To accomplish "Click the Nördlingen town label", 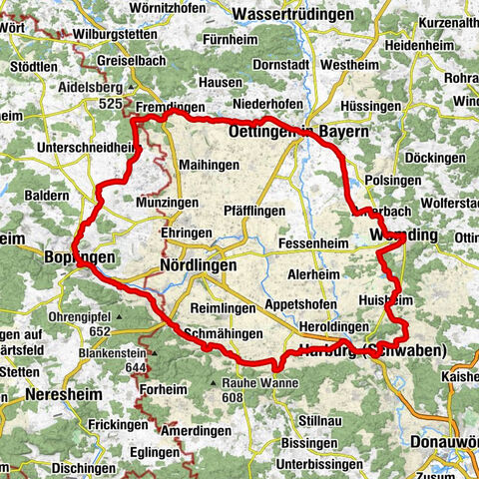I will point(198,266).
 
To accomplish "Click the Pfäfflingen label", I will point(254,211).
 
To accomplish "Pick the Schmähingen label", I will point(224,333).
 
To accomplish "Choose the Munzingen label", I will point(159,202).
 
